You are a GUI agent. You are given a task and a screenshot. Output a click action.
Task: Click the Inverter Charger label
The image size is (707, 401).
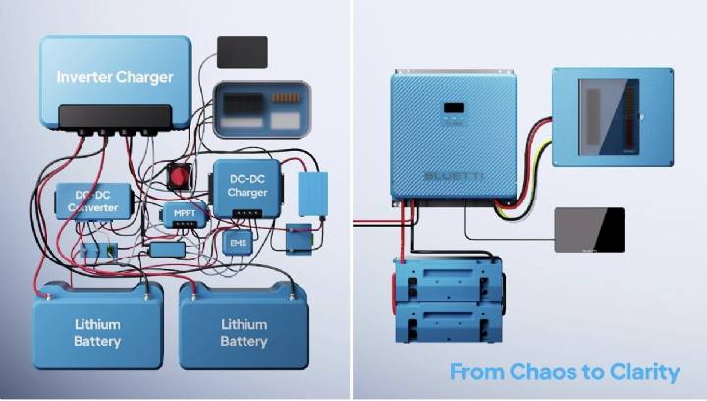tap(115, 77)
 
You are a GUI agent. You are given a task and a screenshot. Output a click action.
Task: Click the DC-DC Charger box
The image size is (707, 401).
tap(246, 187)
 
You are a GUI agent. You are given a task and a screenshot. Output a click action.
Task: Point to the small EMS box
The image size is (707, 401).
tap(237, 242)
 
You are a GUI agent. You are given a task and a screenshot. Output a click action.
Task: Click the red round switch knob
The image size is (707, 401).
tap(179, 175)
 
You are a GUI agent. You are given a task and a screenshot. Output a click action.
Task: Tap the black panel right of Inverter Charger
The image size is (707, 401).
tap(242, 52)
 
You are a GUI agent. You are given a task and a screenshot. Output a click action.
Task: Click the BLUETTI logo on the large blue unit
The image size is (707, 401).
tap(453, 175)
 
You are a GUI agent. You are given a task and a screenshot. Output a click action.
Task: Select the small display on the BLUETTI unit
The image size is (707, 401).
tap(454, 108)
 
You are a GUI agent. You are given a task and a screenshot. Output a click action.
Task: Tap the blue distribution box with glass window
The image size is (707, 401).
tap(611, 114)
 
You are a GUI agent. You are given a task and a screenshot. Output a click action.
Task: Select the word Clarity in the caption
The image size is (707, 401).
tap(645, 372)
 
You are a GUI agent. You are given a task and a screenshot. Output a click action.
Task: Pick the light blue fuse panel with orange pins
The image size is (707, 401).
tap(261, 105)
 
